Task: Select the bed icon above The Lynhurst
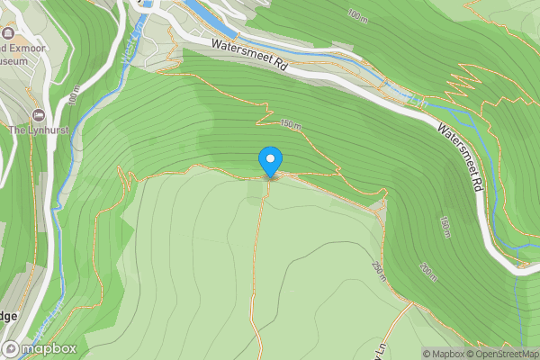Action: [x=37, y=114]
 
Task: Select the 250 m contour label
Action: [x=378, y=270]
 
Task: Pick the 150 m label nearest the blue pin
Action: [x=289, y=123]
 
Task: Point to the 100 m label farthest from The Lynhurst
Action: [x=357, y=15]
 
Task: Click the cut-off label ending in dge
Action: [x=7, y=316]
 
